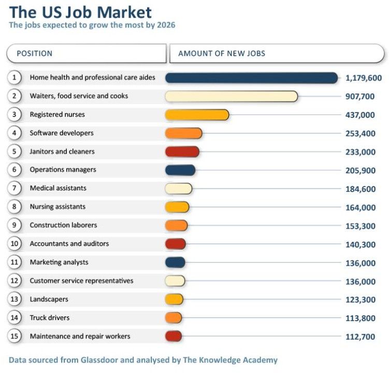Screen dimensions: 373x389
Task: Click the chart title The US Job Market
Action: [81, 12]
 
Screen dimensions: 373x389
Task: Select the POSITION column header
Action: [34, 53]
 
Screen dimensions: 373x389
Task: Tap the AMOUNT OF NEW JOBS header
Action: [222, 53]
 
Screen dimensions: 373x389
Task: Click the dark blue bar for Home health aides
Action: [251, 78]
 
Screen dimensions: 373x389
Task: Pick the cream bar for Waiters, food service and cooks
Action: [231, 96]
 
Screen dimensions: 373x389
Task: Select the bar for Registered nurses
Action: [197, 114]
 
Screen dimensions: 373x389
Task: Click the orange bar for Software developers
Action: [183, 133]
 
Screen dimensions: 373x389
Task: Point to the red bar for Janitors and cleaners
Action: [182, 152]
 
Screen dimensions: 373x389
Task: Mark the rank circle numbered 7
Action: [15, 188]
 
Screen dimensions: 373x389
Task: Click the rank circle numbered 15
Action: [15, 336]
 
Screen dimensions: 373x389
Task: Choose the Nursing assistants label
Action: [57, 207]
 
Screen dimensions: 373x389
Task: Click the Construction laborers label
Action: [63, 225]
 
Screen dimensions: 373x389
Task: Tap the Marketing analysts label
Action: [59, 262]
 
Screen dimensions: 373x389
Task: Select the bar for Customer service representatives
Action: [175, 281]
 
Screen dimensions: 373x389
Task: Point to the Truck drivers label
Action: [49, 318]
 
